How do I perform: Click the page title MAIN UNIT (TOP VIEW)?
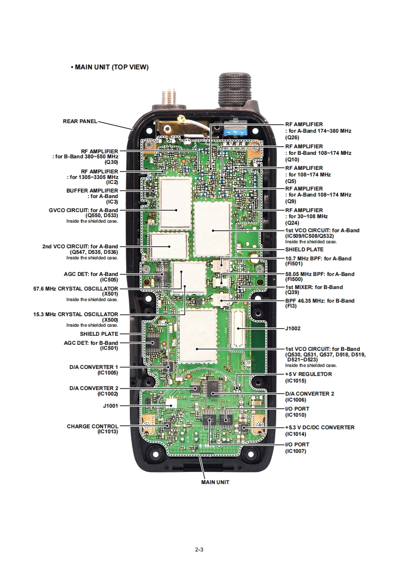(111, 67)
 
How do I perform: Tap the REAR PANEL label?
(79, 121)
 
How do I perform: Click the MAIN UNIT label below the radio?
(215, 482)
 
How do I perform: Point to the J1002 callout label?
(293, 328)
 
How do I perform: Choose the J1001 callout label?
(110, 405)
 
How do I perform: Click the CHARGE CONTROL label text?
(93, 426)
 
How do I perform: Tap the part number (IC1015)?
(295, 381)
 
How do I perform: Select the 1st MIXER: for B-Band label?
(313, 287)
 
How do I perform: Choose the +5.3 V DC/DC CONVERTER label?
(320, 428)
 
